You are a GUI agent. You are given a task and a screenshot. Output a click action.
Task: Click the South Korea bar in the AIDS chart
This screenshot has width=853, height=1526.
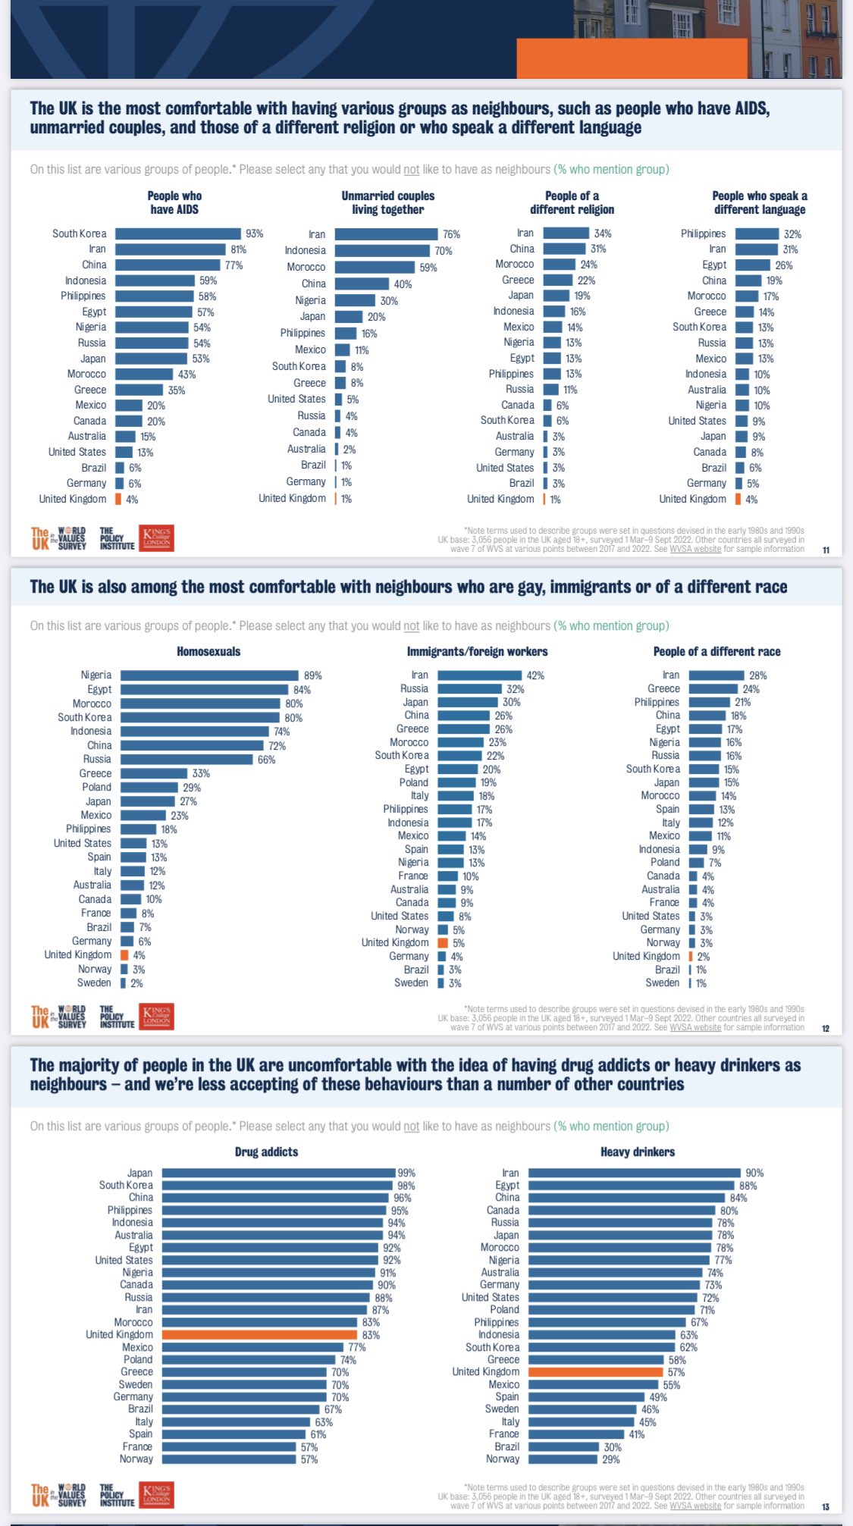click(178, 233)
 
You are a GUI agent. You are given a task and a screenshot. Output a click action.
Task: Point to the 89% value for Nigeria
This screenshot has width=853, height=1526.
click(312, 675)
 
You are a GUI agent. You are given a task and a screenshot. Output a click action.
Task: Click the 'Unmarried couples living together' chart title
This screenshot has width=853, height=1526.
click(387, 202)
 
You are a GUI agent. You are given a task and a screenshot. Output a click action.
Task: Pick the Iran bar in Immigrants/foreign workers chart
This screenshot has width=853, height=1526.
click(480, 675)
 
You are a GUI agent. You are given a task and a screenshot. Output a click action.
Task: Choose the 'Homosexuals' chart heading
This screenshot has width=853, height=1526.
click(209, 651)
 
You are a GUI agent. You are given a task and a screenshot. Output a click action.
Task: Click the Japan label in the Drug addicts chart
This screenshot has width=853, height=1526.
click(140, 1173)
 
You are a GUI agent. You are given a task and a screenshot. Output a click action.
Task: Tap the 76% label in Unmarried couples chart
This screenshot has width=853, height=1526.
click(451, 234)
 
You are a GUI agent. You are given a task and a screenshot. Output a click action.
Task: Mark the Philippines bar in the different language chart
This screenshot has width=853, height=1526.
click(757, 233)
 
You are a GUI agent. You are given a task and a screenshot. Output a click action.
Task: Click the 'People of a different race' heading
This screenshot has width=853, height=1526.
click(717, 651)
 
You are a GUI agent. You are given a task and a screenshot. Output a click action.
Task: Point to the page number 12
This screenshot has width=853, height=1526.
click(826, 1029)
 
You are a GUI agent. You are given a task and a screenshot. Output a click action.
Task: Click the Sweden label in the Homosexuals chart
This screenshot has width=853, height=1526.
click(94, 982)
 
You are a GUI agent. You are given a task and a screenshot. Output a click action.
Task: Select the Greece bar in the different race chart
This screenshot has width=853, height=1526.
click(713, 688)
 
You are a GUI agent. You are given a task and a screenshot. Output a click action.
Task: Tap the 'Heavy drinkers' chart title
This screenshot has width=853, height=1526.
click(637, 1152)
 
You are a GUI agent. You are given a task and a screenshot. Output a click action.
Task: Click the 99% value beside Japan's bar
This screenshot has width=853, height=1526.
click(406, 1173)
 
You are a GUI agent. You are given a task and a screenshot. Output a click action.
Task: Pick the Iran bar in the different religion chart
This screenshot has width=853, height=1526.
click(566, 233)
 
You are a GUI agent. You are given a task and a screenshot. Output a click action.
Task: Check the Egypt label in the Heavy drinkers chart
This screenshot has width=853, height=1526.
click(507, 1185)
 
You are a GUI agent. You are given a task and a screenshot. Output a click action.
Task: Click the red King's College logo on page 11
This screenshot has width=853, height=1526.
click(156, 538)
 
